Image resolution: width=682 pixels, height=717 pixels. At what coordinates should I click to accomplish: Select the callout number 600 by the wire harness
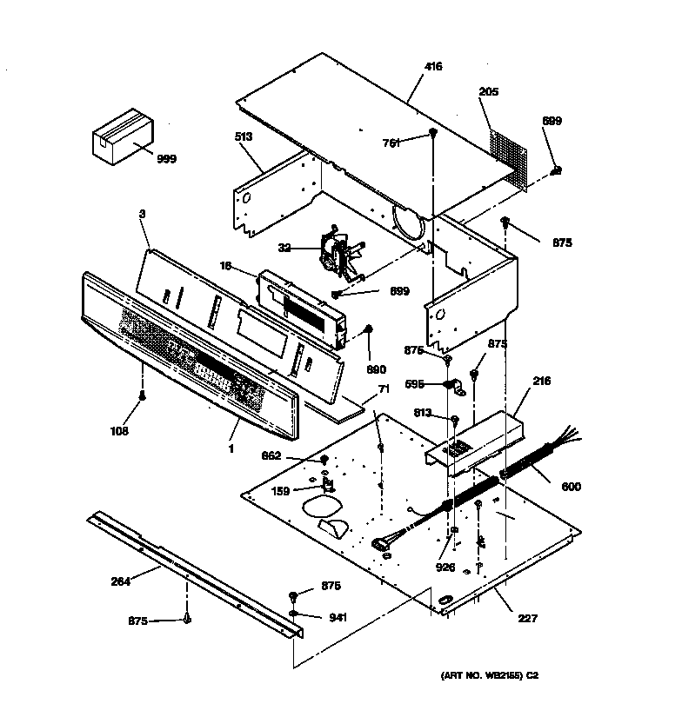(x=572, y=487)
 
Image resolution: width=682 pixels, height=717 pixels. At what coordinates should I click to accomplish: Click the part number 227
(x=528, y=619)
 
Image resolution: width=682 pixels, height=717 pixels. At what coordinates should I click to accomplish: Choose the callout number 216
(x=541, y=381)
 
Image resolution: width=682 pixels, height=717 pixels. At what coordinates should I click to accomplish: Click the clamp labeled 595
(x=453, y=385)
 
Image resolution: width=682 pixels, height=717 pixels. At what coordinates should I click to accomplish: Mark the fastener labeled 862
(x=324, y=460)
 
